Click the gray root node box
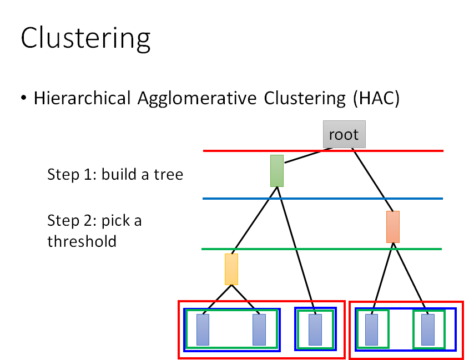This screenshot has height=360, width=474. coord(344,134)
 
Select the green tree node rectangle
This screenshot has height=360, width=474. coord(277,171)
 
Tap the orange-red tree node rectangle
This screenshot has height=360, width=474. coord(393,227)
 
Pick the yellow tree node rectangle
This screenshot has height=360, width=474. coord(231,269)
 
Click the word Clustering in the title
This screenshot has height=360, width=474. coord(85,39)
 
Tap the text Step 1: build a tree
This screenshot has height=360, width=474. coord(115,174)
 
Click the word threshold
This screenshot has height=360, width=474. coord(82,241)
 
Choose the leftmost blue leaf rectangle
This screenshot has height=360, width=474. coord(203,329)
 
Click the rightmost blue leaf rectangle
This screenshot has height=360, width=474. coord(427,329)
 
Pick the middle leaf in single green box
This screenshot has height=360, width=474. coord(315,329)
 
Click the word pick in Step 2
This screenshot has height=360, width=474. coord(114,221)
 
